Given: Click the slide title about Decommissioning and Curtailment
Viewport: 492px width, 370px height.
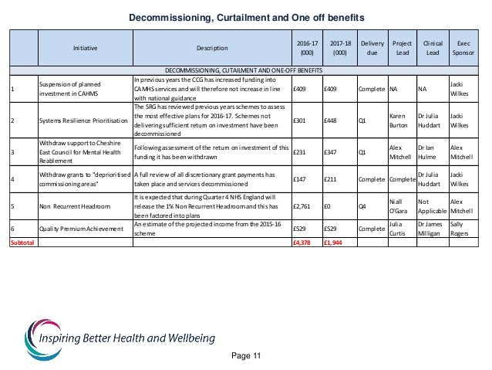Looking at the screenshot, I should pos(246,16).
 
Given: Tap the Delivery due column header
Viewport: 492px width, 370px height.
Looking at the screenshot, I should pos(371,47).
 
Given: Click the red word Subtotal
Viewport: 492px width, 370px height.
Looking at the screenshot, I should pos(22,242).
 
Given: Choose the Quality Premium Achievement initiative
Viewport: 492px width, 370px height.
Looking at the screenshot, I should pos(83,229).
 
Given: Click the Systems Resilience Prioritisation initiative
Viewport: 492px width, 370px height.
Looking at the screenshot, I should pos(85,120).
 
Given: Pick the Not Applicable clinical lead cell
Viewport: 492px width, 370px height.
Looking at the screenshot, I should pos(430,205).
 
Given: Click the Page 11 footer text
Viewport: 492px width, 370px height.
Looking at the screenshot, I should pos(246,355).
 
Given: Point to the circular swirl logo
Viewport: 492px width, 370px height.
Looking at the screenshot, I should pos(36,333).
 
